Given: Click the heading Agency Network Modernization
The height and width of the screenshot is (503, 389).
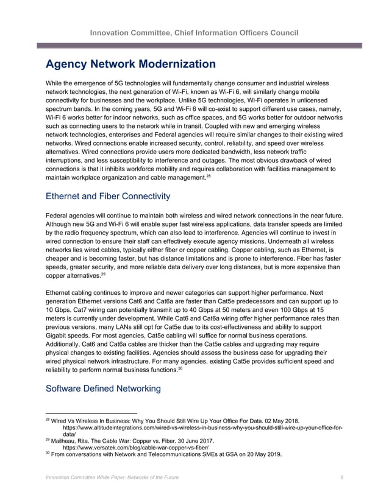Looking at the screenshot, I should [130, 64].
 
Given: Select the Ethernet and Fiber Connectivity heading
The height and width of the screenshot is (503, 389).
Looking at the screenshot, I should [108, 196].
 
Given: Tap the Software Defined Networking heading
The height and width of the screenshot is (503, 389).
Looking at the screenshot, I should [103, 389].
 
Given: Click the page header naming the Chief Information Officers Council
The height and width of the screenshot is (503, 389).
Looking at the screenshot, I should [194, 32].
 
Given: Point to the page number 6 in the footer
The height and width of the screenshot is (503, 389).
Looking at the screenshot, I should [342, 477].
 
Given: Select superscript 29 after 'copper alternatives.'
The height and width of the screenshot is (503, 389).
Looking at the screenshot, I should [103, 274].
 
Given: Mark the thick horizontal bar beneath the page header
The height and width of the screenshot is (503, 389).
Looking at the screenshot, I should [194, 46].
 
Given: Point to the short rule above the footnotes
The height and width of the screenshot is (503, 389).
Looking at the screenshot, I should [91, 412].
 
